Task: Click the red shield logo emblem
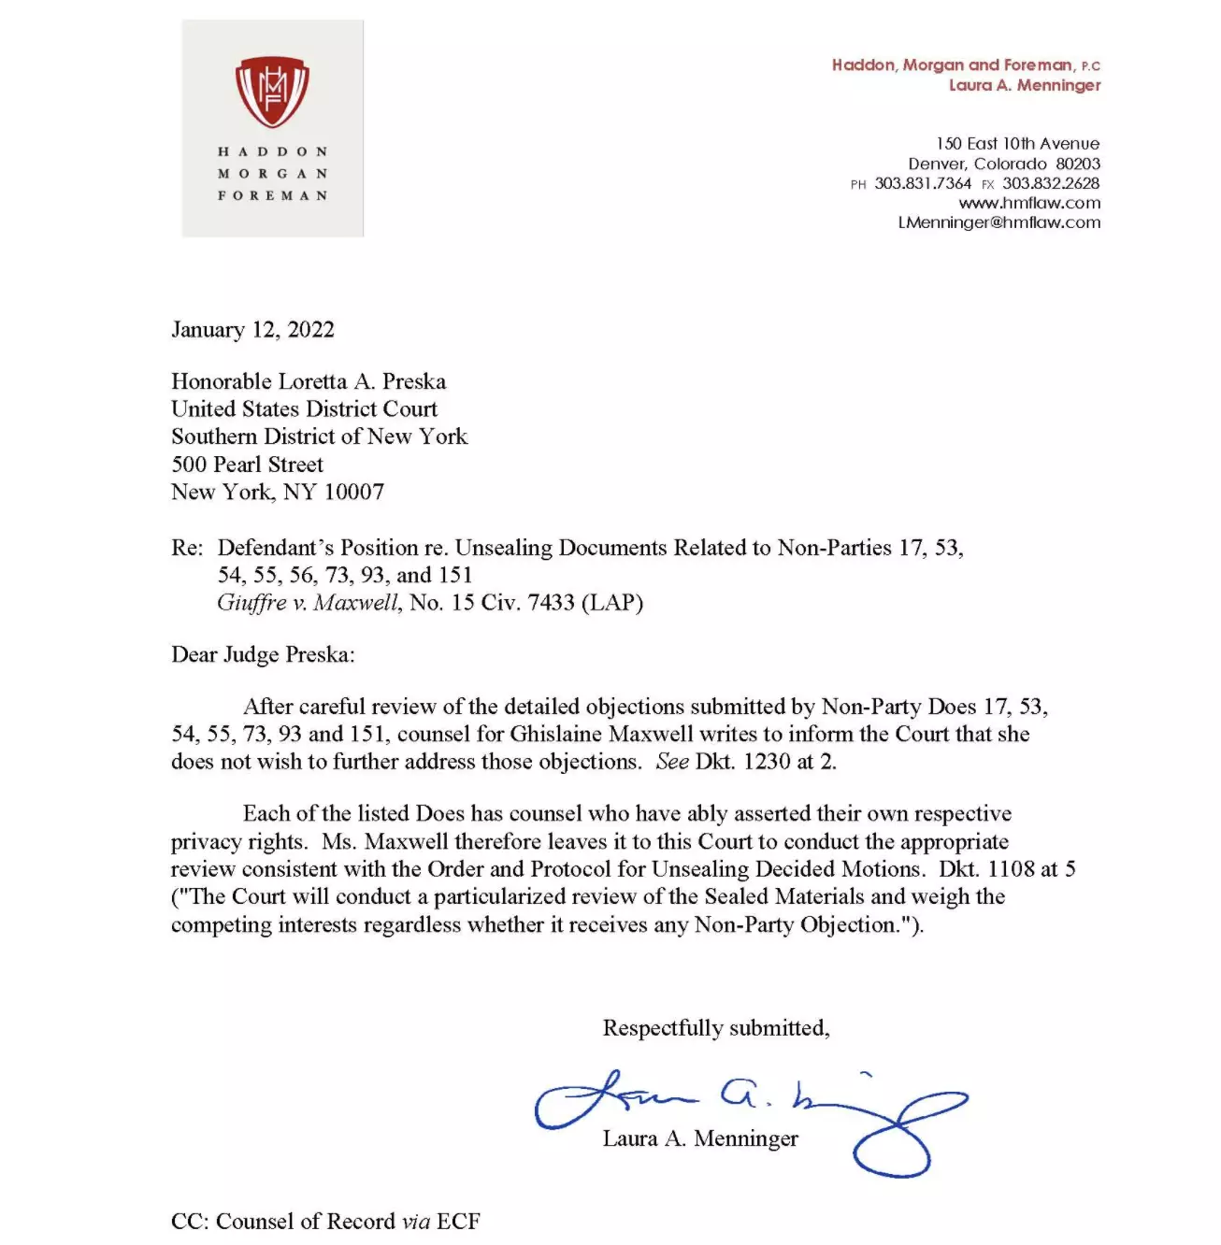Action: (271, 92)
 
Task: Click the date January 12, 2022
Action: (252, 330)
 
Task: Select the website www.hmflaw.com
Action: (1029, 203)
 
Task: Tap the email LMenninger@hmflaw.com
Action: (998, 222)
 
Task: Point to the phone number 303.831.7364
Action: (923, 183)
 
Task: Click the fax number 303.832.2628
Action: (1051, 183)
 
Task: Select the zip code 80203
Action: (1078, 164)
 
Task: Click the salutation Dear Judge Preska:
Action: (263, 654)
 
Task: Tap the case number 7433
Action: (551, 603)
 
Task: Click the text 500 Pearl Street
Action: (247, 465)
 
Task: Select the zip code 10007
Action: (353, 492)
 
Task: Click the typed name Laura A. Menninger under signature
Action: (700, 1138)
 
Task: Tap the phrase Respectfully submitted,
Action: (716, 1028)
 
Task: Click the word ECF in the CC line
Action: (458, 1222)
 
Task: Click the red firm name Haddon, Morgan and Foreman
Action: (952, 65)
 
